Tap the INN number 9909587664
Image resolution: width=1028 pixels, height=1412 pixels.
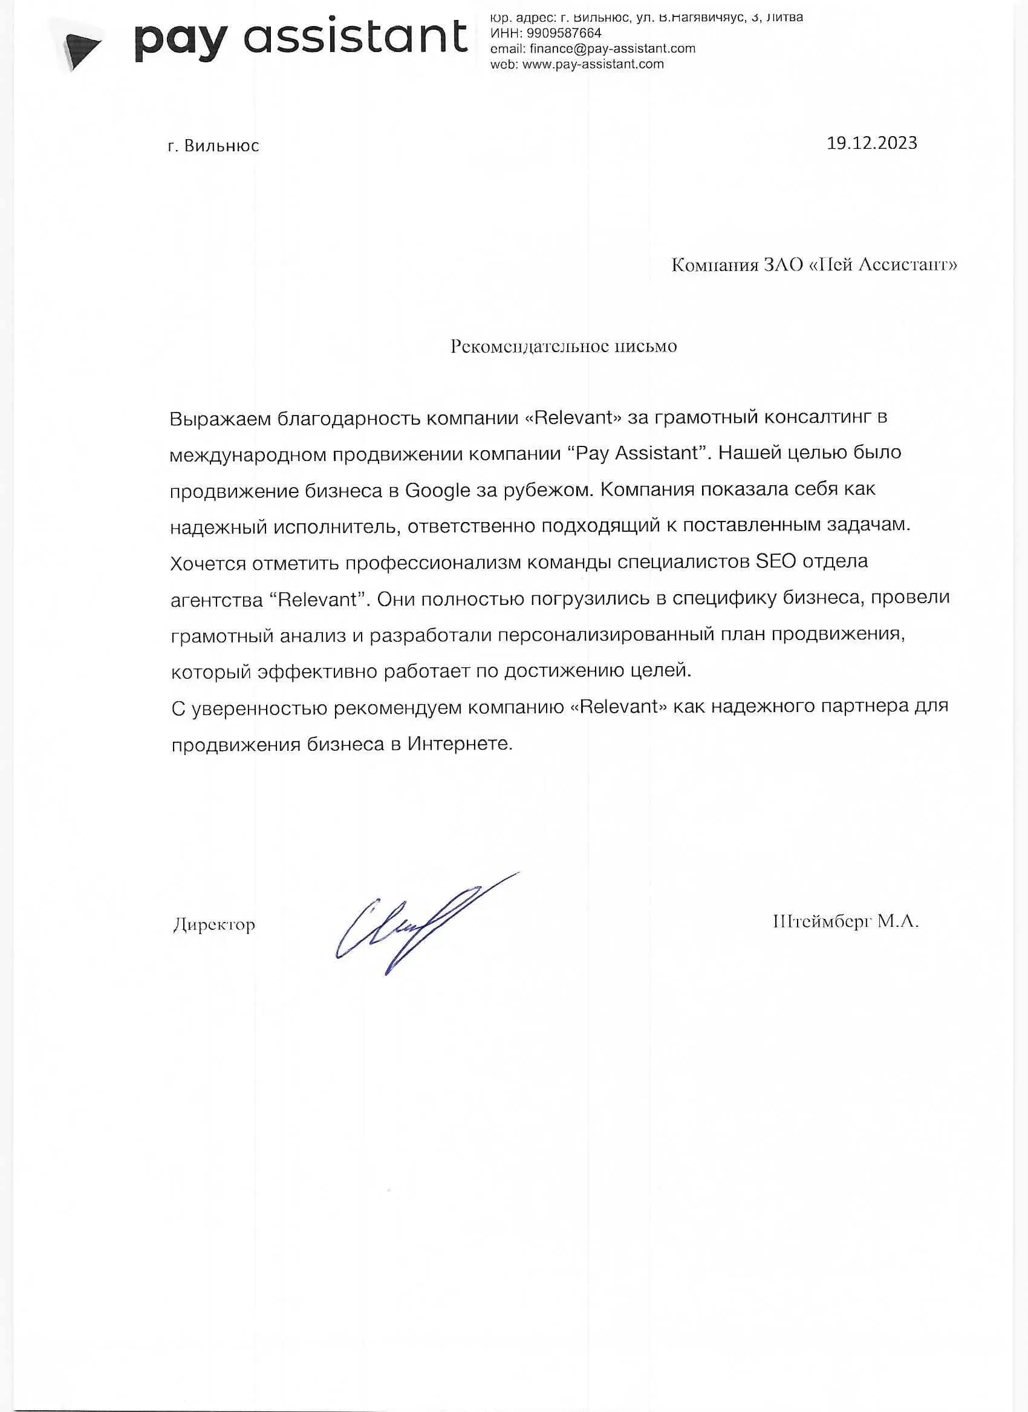pos(564,33)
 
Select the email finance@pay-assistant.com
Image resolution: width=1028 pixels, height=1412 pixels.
pos(613,48)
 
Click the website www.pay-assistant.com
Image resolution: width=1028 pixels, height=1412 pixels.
pos(593,64)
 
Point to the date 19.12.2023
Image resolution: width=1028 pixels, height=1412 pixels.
pos(871,143)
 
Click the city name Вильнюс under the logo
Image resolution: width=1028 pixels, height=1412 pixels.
pos(221,146)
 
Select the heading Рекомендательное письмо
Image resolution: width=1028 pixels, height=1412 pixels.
pos(563,346)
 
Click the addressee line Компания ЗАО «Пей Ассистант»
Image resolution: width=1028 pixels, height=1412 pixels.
pos(814,265)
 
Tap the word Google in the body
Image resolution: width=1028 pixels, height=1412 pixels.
pos(437,491)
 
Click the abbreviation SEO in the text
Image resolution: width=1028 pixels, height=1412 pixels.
pos(775,561)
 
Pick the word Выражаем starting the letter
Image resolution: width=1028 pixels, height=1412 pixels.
pos(220,419)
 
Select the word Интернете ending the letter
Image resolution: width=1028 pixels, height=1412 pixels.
pos(460,744)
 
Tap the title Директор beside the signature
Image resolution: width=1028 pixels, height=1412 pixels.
pos(214,925)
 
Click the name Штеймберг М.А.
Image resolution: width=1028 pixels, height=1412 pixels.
pos(845,921)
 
